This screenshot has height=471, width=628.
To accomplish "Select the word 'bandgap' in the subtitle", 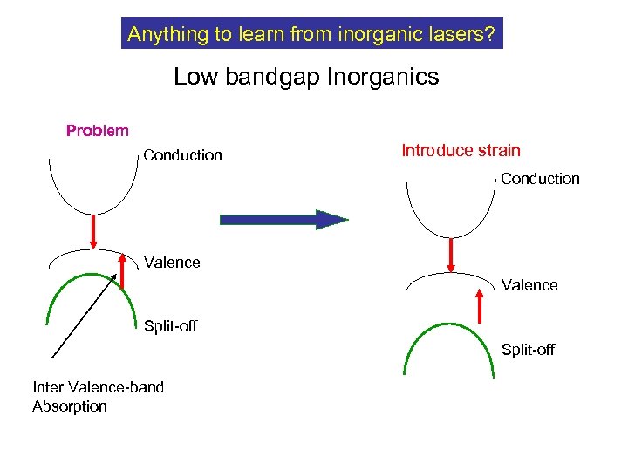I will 272,77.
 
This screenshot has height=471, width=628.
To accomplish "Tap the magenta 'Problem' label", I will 98,131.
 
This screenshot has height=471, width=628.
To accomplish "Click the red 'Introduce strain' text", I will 461,150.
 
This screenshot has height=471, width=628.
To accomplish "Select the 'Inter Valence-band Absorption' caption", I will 98,396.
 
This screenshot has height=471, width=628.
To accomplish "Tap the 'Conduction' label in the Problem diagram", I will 182,155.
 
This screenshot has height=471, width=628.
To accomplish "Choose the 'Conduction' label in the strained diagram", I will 540,179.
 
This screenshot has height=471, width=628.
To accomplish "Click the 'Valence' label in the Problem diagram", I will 172,262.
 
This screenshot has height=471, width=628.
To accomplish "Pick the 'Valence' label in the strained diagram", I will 529,285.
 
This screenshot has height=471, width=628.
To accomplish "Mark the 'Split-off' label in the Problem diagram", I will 170,326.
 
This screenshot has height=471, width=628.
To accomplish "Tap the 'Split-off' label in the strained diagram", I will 528,350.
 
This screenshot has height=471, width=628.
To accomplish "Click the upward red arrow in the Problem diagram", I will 121,268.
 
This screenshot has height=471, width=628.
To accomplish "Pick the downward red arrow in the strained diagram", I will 451,254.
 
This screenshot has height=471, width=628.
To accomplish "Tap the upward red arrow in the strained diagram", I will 479,307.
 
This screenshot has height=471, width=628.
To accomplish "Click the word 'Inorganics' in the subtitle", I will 383,77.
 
